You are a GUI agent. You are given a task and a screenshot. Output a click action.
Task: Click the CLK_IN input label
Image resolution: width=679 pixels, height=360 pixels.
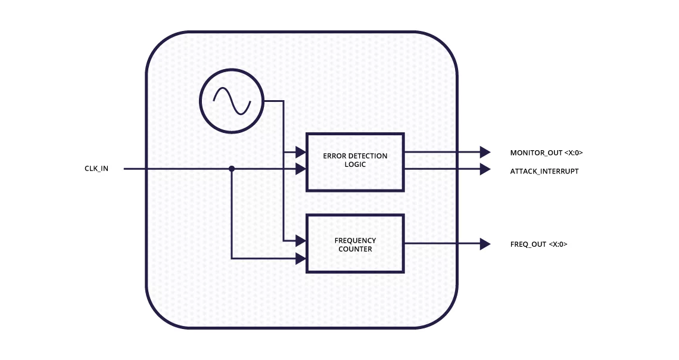pos(96,169)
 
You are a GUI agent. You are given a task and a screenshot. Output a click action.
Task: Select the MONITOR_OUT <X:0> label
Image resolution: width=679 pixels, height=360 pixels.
pos(546,153)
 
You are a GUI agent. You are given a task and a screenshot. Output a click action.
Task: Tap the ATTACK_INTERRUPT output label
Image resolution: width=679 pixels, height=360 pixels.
pos(544,171)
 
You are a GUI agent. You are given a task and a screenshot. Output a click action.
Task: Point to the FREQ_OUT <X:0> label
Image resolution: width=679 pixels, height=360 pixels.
pos(538,244)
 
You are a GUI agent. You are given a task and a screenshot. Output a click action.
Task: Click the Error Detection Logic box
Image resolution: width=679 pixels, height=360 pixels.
pos(355,162)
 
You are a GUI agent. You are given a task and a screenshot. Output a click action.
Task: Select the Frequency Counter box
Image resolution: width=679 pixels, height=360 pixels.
pos(355,244)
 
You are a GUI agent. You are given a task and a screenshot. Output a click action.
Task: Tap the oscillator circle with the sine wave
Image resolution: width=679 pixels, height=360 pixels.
pos(232,101)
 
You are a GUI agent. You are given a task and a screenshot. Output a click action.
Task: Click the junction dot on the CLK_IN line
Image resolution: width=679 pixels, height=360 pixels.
pos(232,169)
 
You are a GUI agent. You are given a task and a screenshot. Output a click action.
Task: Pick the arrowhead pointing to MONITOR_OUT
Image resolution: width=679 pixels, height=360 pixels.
pos(485,152)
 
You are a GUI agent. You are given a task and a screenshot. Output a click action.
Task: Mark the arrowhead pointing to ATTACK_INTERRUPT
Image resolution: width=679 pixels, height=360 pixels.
pos(485,169)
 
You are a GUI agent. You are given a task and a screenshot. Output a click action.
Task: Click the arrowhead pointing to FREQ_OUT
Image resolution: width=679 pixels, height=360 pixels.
pos(485,244)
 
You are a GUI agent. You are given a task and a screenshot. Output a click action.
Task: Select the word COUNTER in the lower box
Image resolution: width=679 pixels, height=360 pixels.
pos(355,249)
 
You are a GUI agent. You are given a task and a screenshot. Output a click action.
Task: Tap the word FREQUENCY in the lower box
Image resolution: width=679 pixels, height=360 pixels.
pos(355,241)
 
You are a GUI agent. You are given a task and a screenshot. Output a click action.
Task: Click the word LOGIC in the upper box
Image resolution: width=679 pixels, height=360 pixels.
pos(355,165)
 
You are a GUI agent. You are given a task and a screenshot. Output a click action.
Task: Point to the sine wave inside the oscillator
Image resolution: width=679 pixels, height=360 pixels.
pos(232,101)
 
